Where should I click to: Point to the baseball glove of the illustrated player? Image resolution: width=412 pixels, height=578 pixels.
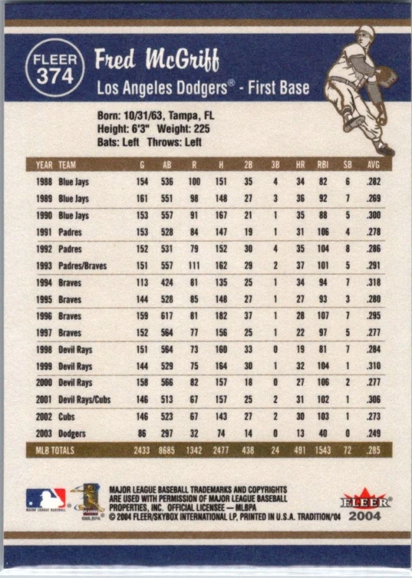click(385, 77)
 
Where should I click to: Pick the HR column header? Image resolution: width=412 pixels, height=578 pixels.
click(300, 165)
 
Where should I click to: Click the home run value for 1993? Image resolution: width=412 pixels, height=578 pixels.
click(300, 266)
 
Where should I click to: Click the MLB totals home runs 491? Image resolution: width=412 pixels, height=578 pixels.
click(299, 450)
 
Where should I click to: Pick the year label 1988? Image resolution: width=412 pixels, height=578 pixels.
click(44, 182)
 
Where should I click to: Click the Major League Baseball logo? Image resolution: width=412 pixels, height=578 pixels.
click(46, 499)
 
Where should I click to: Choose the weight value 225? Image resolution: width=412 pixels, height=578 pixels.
click(200, 130)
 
